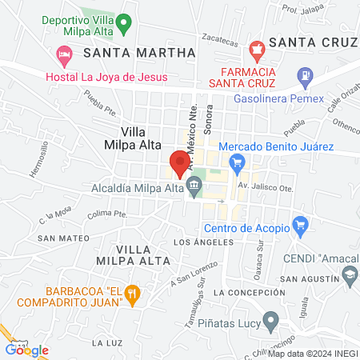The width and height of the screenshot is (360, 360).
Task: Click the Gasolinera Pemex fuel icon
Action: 304,79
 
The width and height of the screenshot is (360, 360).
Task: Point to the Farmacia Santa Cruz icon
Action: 256,51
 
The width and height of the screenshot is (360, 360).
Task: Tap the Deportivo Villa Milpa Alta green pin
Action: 122,23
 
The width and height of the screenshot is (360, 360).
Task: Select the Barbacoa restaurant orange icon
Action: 134,296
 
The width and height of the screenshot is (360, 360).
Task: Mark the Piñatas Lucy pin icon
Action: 270,322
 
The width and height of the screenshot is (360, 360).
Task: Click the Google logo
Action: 27,350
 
